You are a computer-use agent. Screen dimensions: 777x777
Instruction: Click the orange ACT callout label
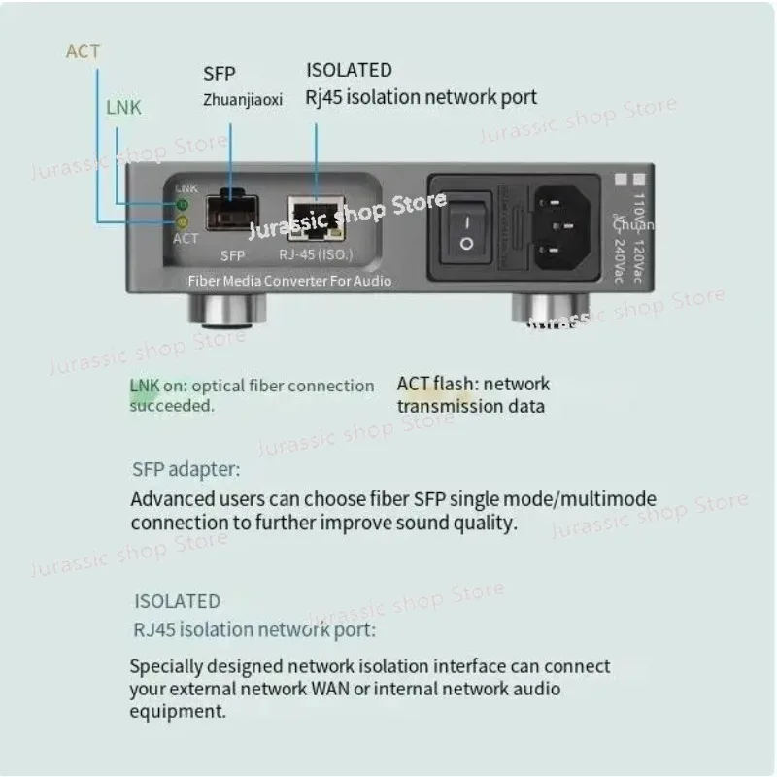tap(83, 51)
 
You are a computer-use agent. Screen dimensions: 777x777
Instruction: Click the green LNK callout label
tap(122, 108)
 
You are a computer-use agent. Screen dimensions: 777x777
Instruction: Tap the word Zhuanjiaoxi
tap(243, 98)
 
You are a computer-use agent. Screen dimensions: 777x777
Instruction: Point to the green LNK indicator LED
tap(181, 205)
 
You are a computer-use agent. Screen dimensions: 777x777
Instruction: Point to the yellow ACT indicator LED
tap(181, 222)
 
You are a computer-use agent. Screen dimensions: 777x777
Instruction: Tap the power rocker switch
tap(466, 230)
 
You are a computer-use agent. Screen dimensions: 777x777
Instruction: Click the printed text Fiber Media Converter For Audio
tap(289, 281)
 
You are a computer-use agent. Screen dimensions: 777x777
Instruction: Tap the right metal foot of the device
tap(541, 312)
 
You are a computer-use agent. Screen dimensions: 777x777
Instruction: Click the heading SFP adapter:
tap(186, 470)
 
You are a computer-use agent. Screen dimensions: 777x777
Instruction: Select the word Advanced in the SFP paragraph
tap(167, 500)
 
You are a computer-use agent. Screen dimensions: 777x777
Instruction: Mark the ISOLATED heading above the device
tap(349, 70)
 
